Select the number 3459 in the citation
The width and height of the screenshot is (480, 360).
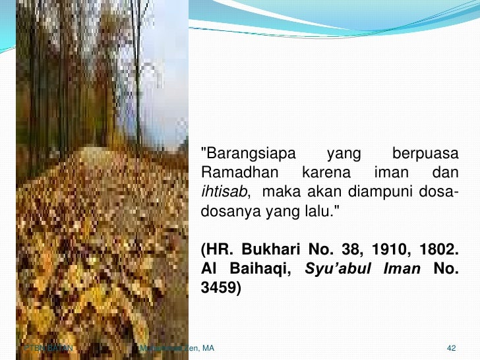pyautogui.click(x=218, y=289)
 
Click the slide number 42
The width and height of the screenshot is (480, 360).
pyautogui.click(x=452, y=347)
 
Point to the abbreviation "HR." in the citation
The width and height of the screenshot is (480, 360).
pyautogui.click(x=218, y=251)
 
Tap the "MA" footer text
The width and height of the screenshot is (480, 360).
pyautogui.click(x=208, y=347)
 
